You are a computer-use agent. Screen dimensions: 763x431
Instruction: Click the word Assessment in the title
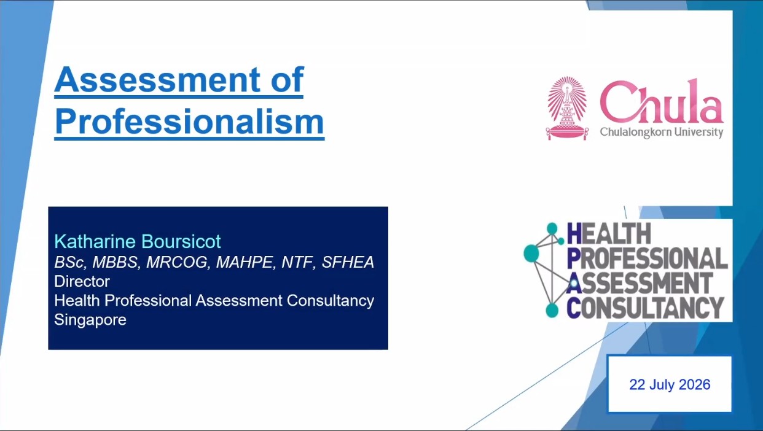click(157, 80)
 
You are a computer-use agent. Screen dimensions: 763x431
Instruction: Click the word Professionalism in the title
click(189, 122)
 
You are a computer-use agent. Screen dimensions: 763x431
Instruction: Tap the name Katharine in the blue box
click(95, 241)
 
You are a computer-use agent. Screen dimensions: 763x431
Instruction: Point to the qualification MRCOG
click(177, 262)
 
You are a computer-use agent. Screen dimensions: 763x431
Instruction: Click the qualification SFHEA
click(348, 262)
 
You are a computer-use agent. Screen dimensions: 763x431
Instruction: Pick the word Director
click(82, 281)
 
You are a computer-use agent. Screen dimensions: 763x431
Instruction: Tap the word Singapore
click(90, 320)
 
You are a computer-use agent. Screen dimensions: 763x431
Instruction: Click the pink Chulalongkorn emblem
click(567, 108)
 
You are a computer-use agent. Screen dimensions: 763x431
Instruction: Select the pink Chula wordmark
click(661, 101)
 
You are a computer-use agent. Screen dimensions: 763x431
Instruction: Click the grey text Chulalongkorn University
click(662, 132)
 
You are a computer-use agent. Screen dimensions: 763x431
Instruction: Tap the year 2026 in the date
click(695, 385)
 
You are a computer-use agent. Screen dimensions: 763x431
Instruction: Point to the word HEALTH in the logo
click(609, 233)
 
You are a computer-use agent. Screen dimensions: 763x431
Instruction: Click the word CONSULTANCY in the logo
click(645, 308)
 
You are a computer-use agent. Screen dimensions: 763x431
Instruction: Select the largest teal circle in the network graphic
click(531, 254)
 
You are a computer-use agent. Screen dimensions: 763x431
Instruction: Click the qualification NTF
click(297, 262)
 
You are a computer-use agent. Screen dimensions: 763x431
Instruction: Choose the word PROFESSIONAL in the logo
click(647, 258)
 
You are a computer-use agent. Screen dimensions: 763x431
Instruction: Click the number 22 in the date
click(637, 385)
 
